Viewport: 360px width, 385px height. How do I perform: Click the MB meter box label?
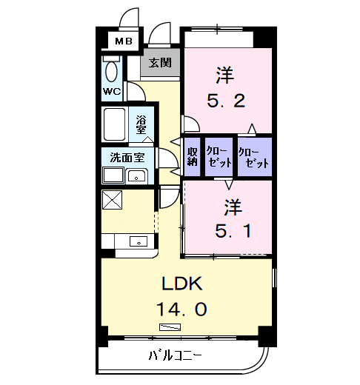tap(124, 41)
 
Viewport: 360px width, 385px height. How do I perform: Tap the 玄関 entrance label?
tap(160, 62)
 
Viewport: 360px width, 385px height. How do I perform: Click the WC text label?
tap(112, 92)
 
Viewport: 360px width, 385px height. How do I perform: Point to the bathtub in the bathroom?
tap(114, 124)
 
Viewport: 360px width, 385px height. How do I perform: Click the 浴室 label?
tap(141, 125)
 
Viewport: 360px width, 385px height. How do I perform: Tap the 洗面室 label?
tap(127, 158)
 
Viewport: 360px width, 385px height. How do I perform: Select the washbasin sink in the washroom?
tap(136, 176)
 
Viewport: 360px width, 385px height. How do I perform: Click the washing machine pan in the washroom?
tap(113, 175)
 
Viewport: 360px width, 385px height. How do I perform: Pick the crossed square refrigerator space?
tap(112, 200)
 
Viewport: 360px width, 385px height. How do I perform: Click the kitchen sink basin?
tap(139, 241)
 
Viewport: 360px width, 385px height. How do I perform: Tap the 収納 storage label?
tap(192, 156)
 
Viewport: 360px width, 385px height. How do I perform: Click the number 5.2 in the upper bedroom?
tap(226, 101)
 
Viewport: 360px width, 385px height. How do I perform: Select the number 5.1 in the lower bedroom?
tap(233, 231)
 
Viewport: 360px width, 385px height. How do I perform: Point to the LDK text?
tap(182, 284)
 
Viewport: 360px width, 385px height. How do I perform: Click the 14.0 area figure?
tap(181, 309)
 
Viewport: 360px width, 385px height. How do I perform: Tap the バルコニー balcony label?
tap(175, 356)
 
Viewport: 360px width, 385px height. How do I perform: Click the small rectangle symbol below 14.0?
tap(170, 327)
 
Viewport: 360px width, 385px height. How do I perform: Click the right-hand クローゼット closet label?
tap(253, 158)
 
